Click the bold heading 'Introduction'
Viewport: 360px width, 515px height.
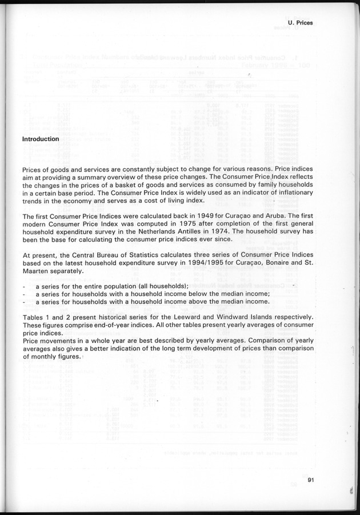[x=40, y=139]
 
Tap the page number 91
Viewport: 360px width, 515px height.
[x=311, y=480]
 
